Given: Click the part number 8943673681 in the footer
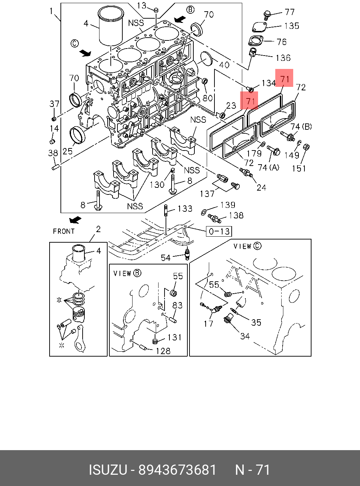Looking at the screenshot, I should tap(178, 470).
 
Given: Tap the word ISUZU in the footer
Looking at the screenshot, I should tap(108, 470).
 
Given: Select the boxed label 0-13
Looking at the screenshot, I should tap(219, 231).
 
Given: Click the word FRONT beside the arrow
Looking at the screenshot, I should tap(64, 231).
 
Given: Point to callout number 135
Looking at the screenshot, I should tap(291, 26).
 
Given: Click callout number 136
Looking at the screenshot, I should tap(283, 57).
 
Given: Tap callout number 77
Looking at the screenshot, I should tap(290, 12).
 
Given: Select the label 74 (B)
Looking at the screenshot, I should tap(301, 127).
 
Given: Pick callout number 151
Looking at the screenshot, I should tap(299, 168).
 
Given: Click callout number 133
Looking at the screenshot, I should tap(185, 209).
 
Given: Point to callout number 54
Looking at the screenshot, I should tap(166, 257).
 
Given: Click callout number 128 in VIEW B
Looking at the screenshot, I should tap(163, 351).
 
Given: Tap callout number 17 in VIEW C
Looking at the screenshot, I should tap(208, 323).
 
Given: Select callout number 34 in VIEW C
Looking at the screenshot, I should tap(245, 336).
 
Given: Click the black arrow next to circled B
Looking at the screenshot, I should tap(180, 18).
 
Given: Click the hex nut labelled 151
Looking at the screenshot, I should tap(306, 146).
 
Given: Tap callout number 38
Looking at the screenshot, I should tap(53, 153).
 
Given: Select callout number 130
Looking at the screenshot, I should tap(157, 184).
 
